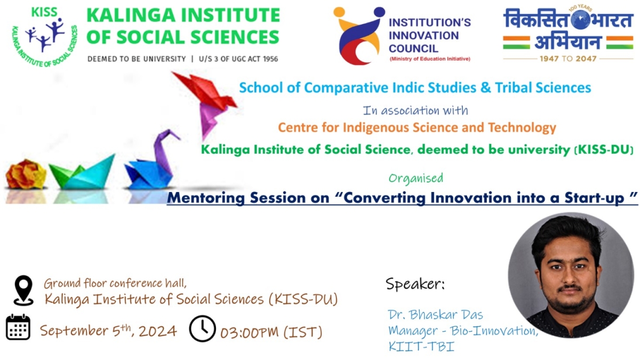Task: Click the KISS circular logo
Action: (x=45, y=37)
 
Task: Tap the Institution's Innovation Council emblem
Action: (x=359, y=36)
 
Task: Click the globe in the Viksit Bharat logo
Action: (x=581, y=19)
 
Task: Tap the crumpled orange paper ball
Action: (x=26, y=174)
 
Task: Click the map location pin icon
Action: (x=23, y=290)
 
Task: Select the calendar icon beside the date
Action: (x=18, y=327)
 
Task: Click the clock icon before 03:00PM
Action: (x=202, y=329)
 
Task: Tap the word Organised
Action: (x=415, y=179)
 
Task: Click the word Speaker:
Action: (x=415, y=284)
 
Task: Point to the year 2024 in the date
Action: (x=158, y=331)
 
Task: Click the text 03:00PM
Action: (x=250, y=332)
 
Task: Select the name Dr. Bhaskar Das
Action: (x=435, y=315)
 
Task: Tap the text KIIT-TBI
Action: (x=421, y=347)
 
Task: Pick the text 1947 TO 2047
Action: (x=568, y=59)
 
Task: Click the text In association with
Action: (x=415, y=110)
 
